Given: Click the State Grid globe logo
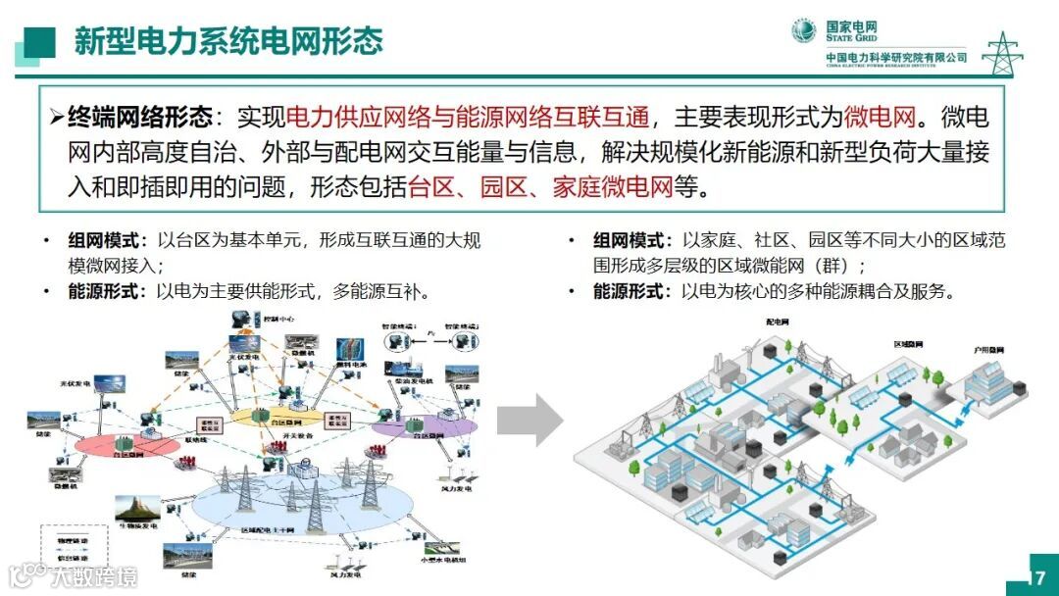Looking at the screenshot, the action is click(x=804, y=31).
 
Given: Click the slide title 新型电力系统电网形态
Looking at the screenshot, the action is click(x=228, y=41).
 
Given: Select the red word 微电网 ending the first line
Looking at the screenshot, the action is click(x=881, y=119).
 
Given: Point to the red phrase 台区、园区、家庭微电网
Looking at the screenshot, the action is click(x=540, y=186).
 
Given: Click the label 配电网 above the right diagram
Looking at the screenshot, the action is click(x=777, y=322).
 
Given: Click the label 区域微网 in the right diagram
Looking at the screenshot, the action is click(x=909, y=345).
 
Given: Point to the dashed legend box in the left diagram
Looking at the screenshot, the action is click(x=68, y=548).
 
